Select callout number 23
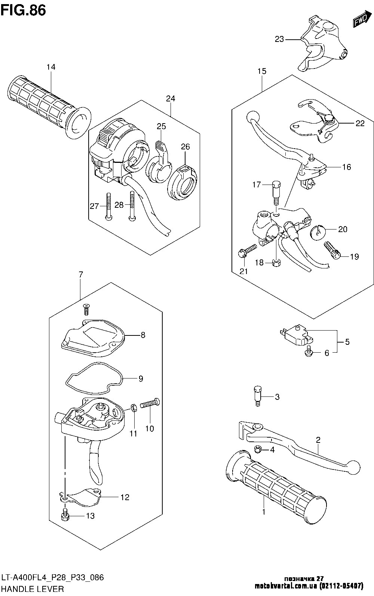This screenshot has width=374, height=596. tap(279, 39)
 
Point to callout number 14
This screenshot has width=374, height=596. tap(51, 67)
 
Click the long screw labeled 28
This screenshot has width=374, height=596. tap(132, 206)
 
